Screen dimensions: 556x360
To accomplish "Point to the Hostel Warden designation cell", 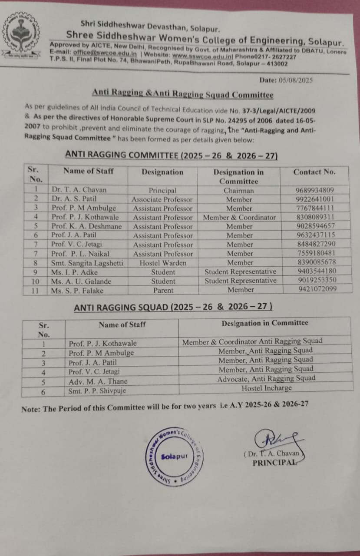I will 163,263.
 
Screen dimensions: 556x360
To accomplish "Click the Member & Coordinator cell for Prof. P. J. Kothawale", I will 239,217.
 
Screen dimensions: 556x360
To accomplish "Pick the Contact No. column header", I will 314,172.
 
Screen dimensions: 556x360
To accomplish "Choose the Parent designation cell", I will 163,290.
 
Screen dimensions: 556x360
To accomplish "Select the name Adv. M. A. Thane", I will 98,381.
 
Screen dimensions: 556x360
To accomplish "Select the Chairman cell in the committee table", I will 239,190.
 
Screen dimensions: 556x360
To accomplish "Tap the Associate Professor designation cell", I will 162,199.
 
